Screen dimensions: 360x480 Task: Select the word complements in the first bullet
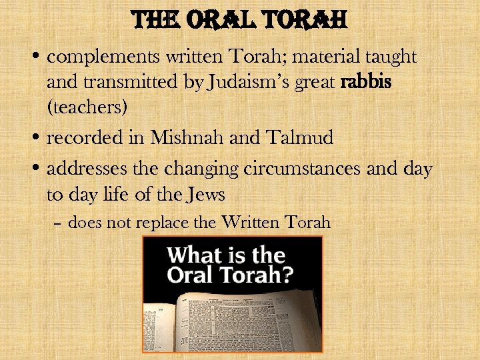click(91, 58)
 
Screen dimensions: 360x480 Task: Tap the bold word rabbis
click(365, 83)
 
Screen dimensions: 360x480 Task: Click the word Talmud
click(304, 139)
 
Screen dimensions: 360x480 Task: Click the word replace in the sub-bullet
click(165, 222)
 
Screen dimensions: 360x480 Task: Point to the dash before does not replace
click(59, 223)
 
